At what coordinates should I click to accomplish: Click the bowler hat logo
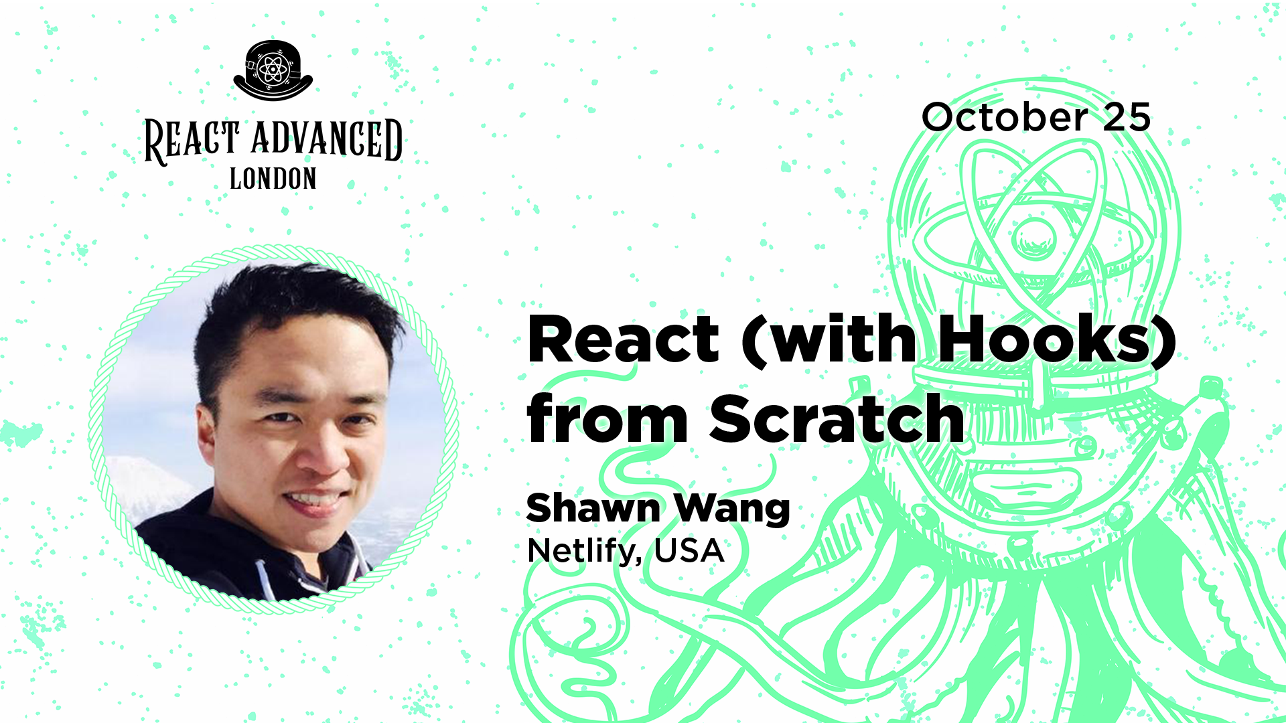point(273,71)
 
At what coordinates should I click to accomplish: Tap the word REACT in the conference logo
point(192,141)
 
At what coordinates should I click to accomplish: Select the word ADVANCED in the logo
point(327,139)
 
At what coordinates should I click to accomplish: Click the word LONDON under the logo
point(273,179)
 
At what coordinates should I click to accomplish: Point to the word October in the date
point(1005,117)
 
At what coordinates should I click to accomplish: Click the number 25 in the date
point(1127,117)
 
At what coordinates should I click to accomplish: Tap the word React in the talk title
point(624,339)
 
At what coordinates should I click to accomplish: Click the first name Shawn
point(593,508)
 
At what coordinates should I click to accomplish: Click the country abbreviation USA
point(689,551)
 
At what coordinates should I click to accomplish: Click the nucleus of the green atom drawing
point(1035,238)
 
